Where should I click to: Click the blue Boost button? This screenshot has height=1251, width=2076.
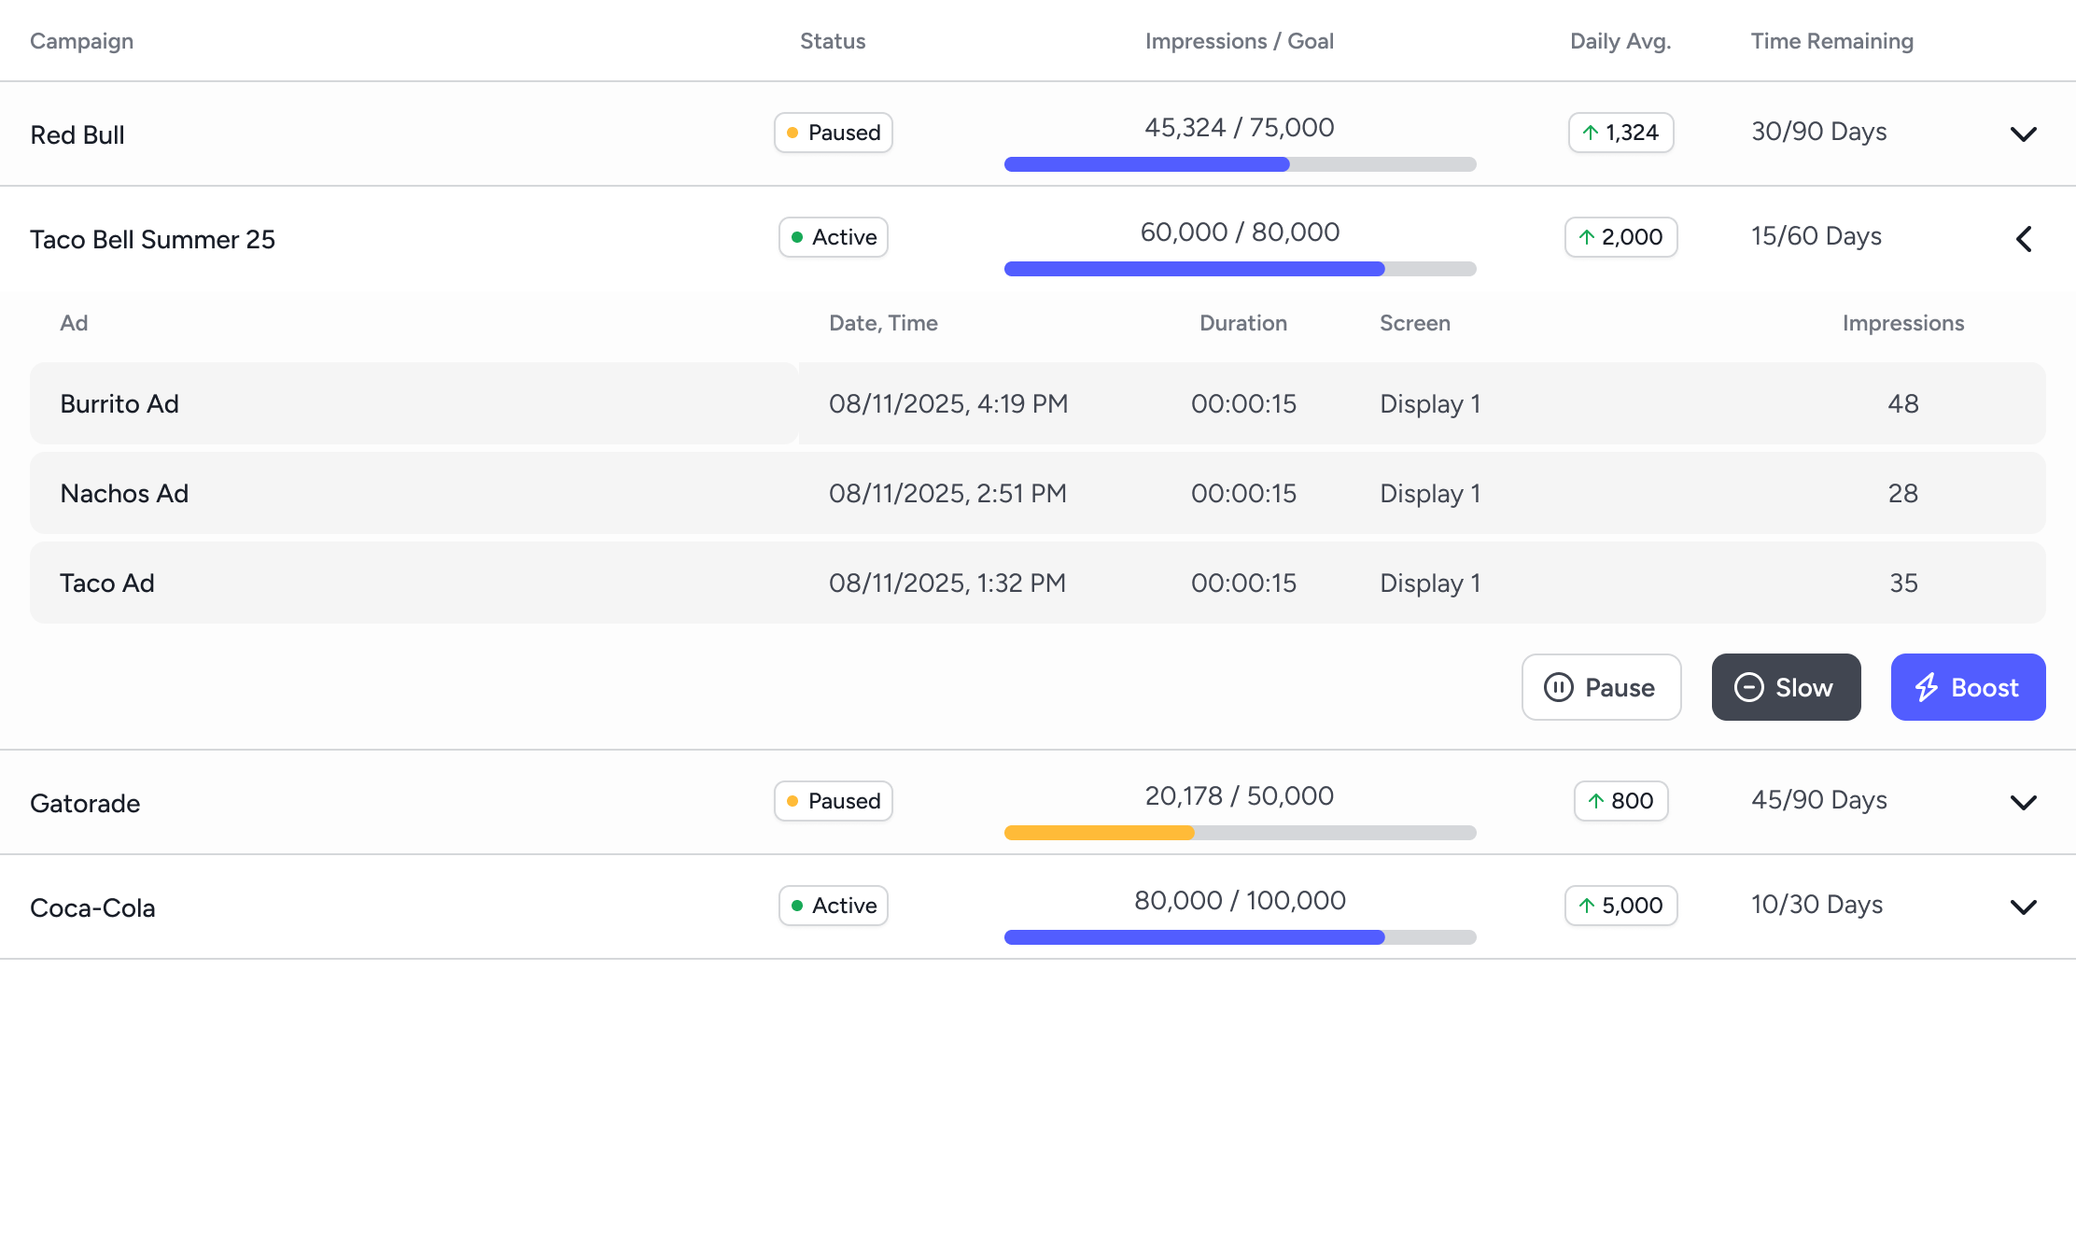click(x=1968, y=687)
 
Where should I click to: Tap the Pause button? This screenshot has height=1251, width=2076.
click(x=1601, y=687)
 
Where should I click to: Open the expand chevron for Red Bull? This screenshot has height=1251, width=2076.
click(x=2023, y=134)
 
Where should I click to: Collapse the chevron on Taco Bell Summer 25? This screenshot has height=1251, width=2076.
click(x=2023, y=239)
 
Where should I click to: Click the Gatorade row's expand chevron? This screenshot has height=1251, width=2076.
click(x=2023, y=803)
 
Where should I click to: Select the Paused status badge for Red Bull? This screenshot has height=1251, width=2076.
click(x=833, y=133)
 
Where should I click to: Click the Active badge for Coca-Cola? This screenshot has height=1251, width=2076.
click(x=833, y=906)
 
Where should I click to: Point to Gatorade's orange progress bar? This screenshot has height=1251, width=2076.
click(x=1099, y=833)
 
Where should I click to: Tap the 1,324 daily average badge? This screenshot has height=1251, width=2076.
click(x=1620, y=133)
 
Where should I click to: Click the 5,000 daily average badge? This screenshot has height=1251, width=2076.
click(x=1620, y=906)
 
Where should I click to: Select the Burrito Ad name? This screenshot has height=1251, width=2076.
click(x=119, y=403)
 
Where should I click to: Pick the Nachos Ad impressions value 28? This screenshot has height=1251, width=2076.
click(x=1902, y=493)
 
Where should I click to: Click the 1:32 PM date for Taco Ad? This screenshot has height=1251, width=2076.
click(x=947, y=583)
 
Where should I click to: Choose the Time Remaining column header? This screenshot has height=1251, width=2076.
click(x=1831, y=41)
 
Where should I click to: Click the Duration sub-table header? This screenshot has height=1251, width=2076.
click(x=1242, y=323)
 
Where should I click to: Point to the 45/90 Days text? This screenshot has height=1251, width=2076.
click(x=1818, y=800)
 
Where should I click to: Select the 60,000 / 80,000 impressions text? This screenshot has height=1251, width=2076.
click(x=1240, y=232)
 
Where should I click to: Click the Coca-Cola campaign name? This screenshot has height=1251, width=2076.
click(x=92, y=907)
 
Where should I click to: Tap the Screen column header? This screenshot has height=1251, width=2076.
click(x=1414, y=323)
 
